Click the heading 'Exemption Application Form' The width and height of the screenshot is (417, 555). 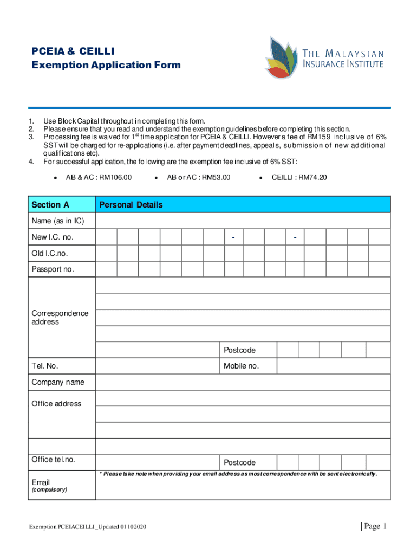click(x=106, y=65)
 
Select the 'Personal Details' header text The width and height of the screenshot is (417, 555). click(x=130, y=205)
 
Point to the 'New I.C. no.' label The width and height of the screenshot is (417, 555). click(x=53, y=237)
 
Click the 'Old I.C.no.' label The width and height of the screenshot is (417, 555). click(x=50, y=253)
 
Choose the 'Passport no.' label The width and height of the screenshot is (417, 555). click(x=53, y=269)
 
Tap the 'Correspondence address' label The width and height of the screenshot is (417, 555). click(x=60, y=318)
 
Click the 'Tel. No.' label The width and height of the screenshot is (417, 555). click(x=45, y=366)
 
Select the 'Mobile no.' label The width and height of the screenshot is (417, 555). click(x=241, y=366)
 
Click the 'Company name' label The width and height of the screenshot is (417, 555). click(x=58, y=382)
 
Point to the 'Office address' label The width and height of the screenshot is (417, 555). click(x=56, y=404)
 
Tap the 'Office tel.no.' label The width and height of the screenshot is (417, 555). click(x=54, y=460)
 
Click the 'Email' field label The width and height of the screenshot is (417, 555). click(x=41, y=482)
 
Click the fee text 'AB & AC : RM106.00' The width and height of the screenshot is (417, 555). click(x=99, y=177)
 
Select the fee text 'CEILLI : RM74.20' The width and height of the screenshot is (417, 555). click(x=299, y=177)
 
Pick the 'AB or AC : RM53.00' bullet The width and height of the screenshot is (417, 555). click(x=198, y=177)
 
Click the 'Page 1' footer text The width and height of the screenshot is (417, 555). click(x=373, y=526)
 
